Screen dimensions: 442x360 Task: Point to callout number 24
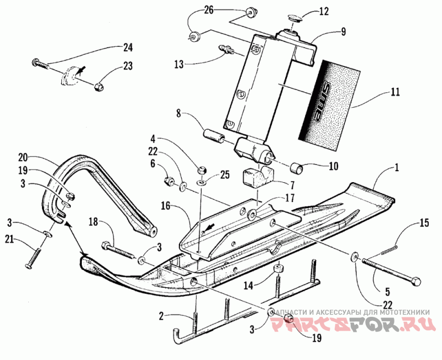[x=128, y=46]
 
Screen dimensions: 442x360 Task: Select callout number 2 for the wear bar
[x=161, y=316]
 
